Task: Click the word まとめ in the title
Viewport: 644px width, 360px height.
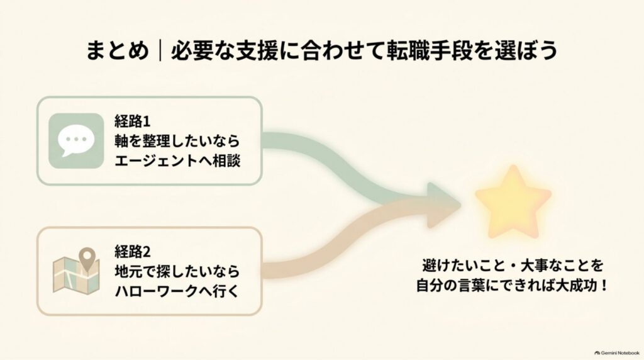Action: (117, 51)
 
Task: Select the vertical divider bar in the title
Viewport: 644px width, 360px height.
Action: (160, 51)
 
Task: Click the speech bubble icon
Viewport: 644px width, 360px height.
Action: (76, 140)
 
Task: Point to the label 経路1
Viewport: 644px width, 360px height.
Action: (133, 121)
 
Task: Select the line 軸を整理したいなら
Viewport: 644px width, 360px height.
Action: (177, 141)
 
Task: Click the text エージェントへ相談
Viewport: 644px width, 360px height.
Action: (177, 160)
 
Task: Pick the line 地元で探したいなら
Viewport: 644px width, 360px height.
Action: (177, 271)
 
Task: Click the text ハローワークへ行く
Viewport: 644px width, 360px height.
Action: (177, 291)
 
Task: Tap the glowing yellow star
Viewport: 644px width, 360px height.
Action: (513, 202)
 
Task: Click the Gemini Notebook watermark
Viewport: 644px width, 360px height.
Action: (617, 353)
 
